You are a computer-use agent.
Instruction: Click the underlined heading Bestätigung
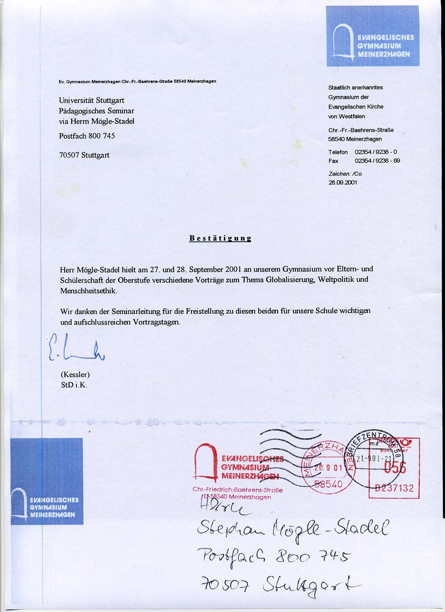pos(220,238)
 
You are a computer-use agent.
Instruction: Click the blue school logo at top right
pos(373,36)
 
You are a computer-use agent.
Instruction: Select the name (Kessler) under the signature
pos(75,375)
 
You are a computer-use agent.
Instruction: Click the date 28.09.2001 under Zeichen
pos(343,182)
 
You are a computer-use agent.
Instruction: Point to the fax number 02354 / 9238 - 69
pos(377,161)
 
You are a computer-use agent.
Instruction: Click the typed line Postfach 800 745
pos(87,136)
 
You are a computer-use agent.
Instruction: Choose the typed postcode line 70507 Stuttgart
pos(84,155)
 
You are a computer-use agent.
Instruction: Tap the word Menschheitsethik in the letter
pos(89,291)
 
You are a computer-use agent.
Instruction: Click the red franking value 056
pos(394,468)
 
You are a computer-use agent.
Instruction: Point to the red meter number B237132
pos(394,488)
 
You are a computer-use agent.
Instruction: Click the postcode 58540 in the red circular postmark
pos(328,484)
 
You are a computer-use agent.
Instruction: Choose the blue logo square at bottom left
pos(47,481)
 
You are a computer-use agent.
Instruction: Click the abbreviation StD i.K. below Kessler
pos(74,385)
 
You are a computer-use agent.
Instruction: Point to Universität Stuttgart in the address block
pos(91,100)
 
